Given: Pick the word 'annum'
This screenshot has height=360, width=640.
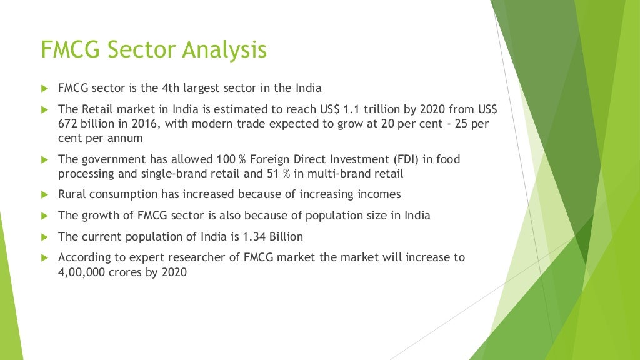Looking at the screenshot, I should click(x=124, y=137).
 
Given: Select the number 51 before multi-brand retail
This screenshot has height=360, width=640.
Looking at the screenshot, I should click(x=274, y=173).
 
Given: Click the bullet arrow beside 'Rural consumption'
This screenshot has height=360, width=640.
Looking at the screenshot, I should click(x=44, y=194).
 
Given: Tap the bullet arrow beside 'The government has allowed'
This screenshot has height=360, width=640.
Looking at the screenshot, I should click(x=44, y=159).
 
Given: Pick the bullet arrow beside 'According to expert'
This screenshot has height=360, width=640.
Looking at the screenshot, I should click(x=44, y=257).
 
